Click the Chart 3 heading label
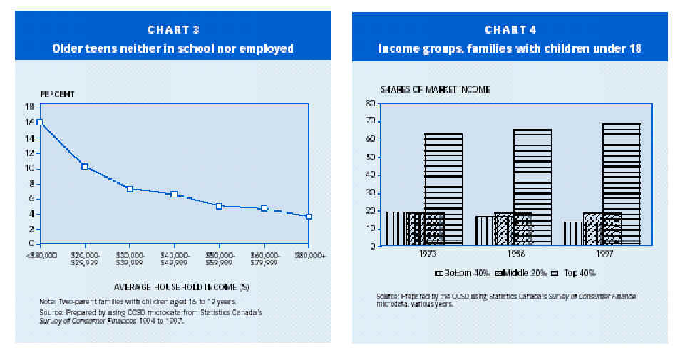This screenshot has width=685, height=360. [x=173, y=29]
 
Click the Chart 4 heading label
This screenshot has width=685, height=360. [x=510, y=29]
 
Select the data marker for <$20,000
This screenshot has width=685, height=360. [x=40, y=122]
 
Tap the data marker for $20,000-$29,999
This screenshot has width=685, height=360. [x=85, y=166]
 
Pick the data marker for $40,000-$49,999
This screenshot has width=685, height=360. [x=174, y=194]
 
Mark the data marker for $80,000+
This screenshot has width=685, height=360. [x=309, y=216]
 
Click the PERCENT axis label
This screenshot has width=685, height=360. [x=56, y=93]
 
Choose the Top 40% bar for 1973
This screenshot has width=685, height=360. [x=443, y=189]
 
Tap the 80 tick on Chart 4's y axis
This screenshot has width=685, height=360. [x=371, y=103]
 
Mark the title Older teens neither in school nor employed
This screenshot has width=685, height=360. [x=172, y=48]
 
